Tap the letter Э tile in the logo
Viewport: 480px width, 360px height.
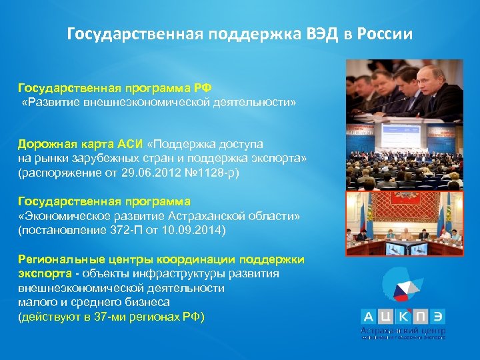(x=437, y=317)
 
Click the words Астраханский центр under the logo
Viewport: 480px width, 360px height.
(x=403, y=331)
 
